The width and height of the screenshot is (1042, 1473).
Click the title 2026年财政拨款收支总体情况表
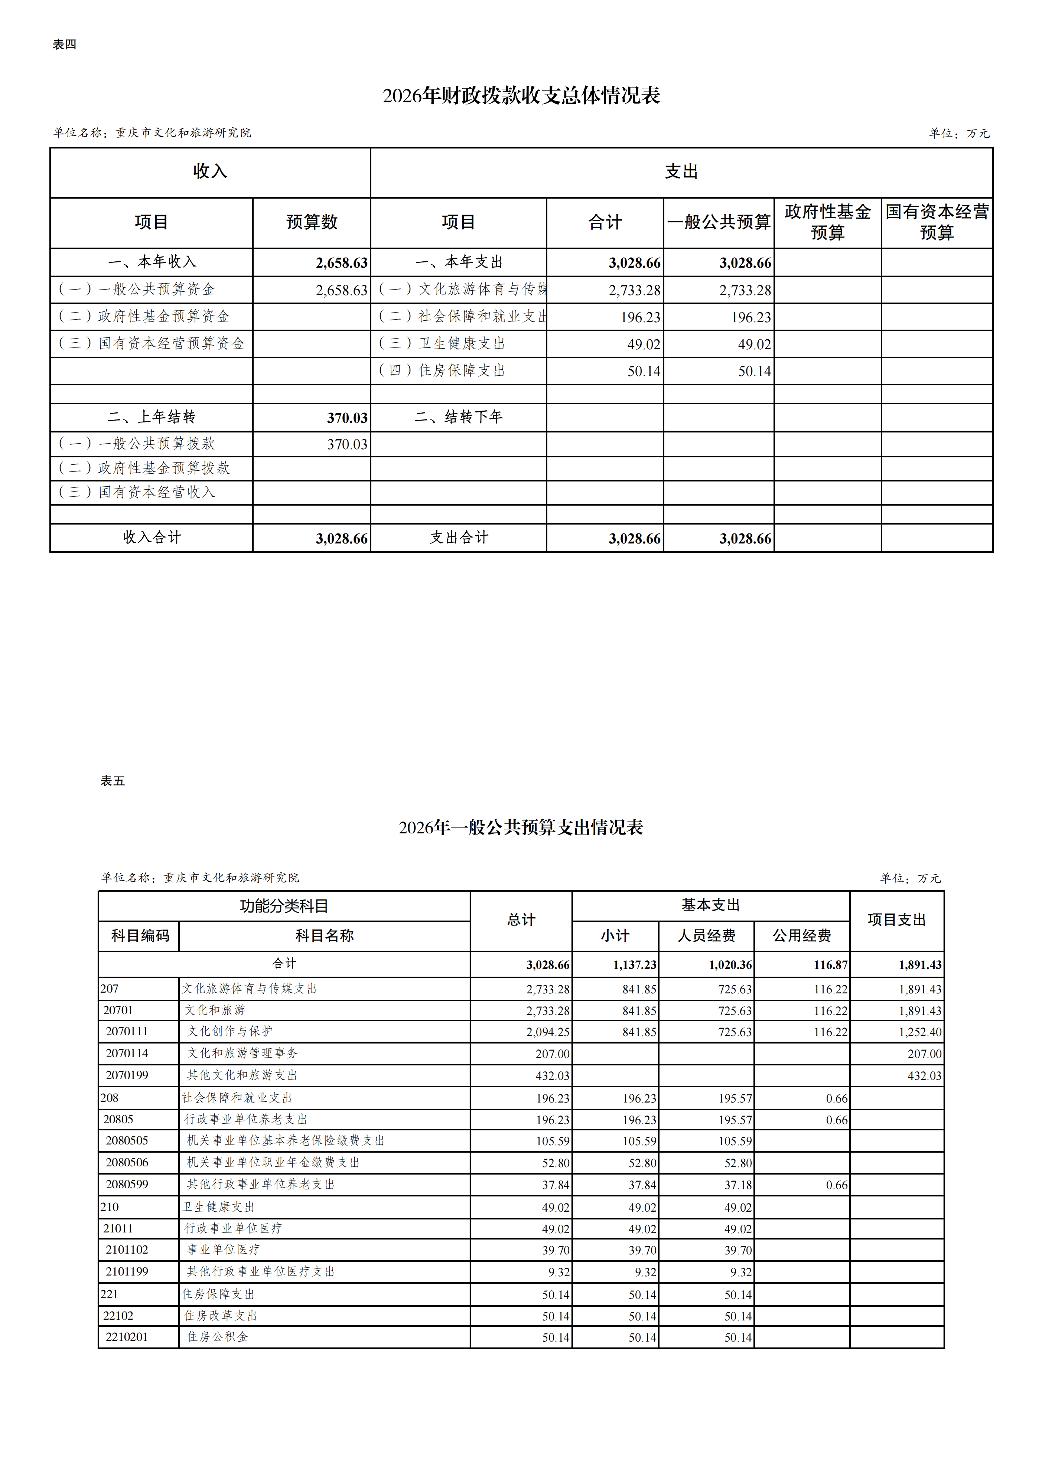pos(521,96)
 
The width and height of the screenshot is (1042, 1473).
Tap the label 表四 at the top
pos(64,44)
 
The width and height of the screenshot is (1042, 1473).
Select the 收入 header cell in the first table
pos(210,172)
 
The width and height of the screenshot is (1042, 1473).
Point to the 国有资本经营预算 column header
pos(937,222)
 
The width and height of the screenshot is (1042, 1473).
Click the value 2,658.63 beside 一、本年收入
pos(341,263)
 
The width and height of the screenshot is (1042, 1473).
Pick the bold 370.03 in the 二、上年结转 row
pos(347,418)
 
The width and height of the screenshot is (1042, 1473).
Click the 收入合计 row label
pos(152,538)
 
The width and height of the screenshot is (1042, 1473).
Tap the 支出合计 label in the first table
pos(459,538)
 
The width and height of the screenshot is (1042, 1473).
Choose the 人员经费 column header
pos(706,936)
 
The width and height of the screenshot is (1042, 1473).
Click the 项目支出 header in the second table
pos(896,920)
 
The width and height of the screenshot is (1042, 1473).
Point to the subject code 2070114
pos(127,1054)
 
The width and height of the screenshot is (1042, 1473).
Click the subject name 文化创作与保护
pos(230,1032)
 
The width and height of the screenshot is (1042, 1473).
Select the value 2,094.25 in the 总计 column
pos(548,1032)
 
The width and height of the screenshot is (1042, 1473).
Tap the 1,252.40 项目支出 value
pos(920,1032)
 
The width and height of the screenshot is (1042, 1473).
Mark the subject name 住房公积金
pos(217,1337)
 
